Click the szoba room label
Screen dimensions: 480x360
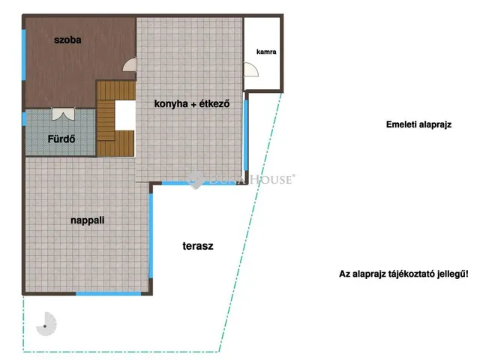[x=67, y=40]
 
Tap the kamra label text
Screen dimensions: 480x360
[x=266, y=52]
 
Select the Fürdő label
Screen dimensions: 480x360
[x=61, y=139]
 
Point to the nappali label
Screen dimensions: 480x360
[x=88, y=220]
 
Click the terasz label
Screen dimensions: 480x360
[x=198, y=246]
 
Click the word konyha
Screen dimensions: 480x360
[x=171, y=103]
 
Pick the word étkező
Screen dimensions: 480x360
[x=214, y=103]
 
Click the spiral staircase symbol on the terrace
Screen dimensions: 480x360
[x=46, y=324]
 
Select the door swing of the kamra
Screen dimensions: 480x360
[x=251, y=70]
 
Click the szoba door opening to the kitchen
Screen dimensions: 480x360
[x=130, y=64]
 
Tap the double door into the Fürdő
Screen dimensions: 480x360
[x=63, y=113]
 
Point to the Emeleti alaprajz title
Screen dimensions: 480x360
[x=418, y=124]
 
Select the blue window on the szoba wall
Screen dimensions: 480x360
[x=23, y=55]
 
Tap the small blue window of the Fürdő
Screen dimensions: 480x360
[x=24, y=118]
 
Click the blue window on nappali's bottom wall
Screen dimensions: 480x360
[x=108, y=294]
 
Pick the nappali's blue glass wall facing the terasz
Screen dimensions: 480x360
[x=151, y=235]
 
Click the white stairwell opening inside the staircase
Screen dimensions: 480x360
[x=125, y=115]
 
